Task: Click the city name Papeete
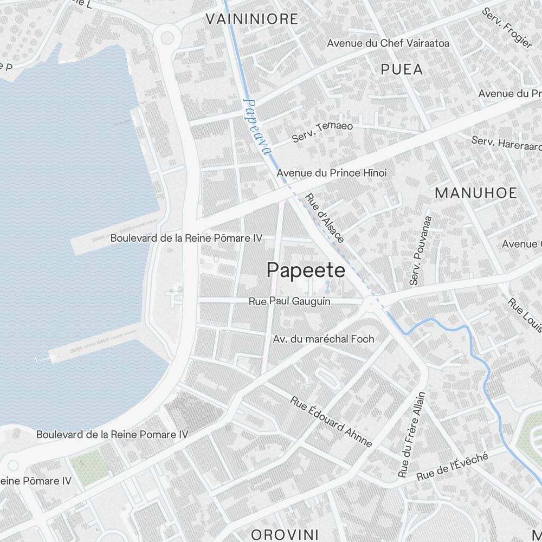(306, 270)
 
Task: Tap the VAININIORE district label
(251, 19)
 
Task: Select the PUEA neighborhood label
(402, 69)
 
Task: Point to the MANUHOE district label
(476, 192)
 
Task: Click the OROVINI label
(285, 533)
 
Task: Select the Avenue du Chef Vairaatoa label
(388, 43)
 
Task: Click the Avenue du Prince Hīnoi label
(332, 173)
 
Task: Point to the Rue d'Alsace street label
(324, 218)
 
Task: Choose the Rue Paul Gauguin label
(289, 301)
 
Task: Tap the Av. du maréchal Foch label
(324, 339)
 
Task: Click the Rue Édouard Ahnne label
(331, 422)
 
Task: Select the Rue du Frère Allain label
(411, 435)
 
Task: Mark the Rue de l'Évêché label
(452, 467)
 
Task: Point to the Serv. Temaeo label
(322, 132)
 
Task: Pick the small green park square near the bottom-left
(90, 467)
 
